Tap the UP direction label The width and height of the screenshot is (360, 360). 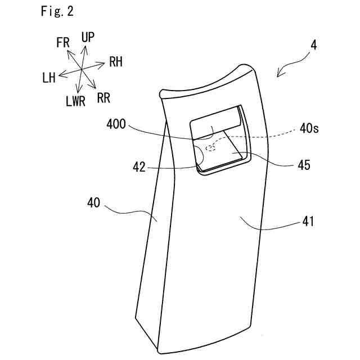point(88,37)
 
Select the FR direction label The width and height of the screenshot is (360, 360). point(64,42)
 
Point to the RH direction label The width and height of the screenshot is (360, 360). point(116,62)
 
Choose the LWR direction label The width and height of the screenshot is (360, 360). point(76,101)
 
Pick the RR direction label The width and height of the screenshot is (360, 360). point(103,98)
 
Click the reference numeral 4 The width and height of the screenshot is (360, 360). point(313,45)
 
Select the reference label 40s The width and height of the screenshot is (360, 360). point(309,129)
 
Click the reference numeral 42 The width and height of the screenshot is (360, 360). point(139,167)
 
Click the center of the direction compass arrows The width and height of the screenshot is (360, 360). point(82,69)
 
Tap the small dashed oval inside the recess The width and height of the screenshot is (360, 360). point(211,149)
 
